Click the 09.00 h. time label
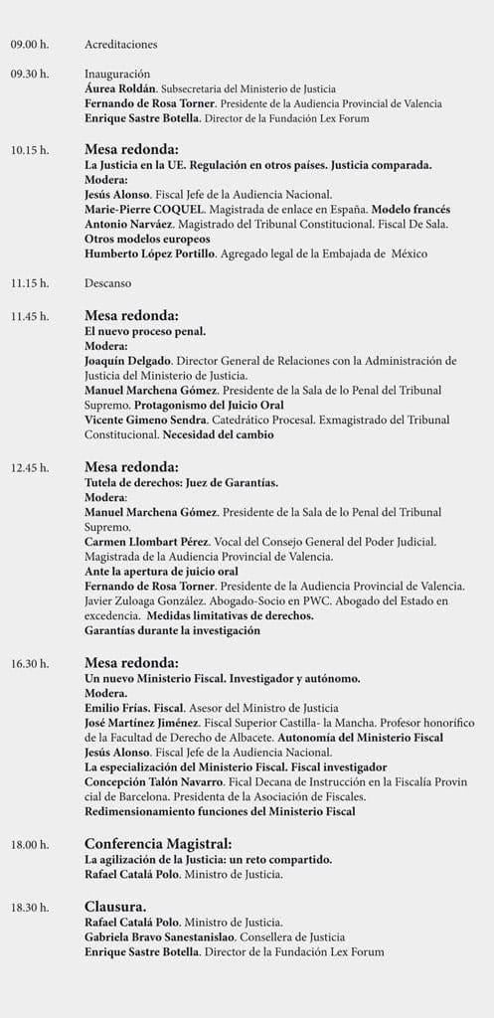click(30, 44)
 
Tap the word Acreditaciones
click(121, 44)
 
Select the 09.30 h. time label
click(30, 74)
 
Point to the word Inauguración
click(117, 74)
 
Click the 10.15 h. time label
click(30, 150)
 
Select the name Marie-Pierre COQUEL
click(141, 210)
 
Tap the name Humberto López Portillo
click(149, 254)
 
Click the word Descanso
click(107, 283)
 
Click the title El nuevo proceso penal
click(145, 331)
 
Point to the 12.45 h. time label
click(30, 466)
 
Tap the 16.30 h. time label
click(30, 662)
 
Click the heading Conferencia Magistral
click(158, 844)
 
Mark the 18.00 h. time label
click(30, 845)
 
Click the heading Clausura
click(115, 906)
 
